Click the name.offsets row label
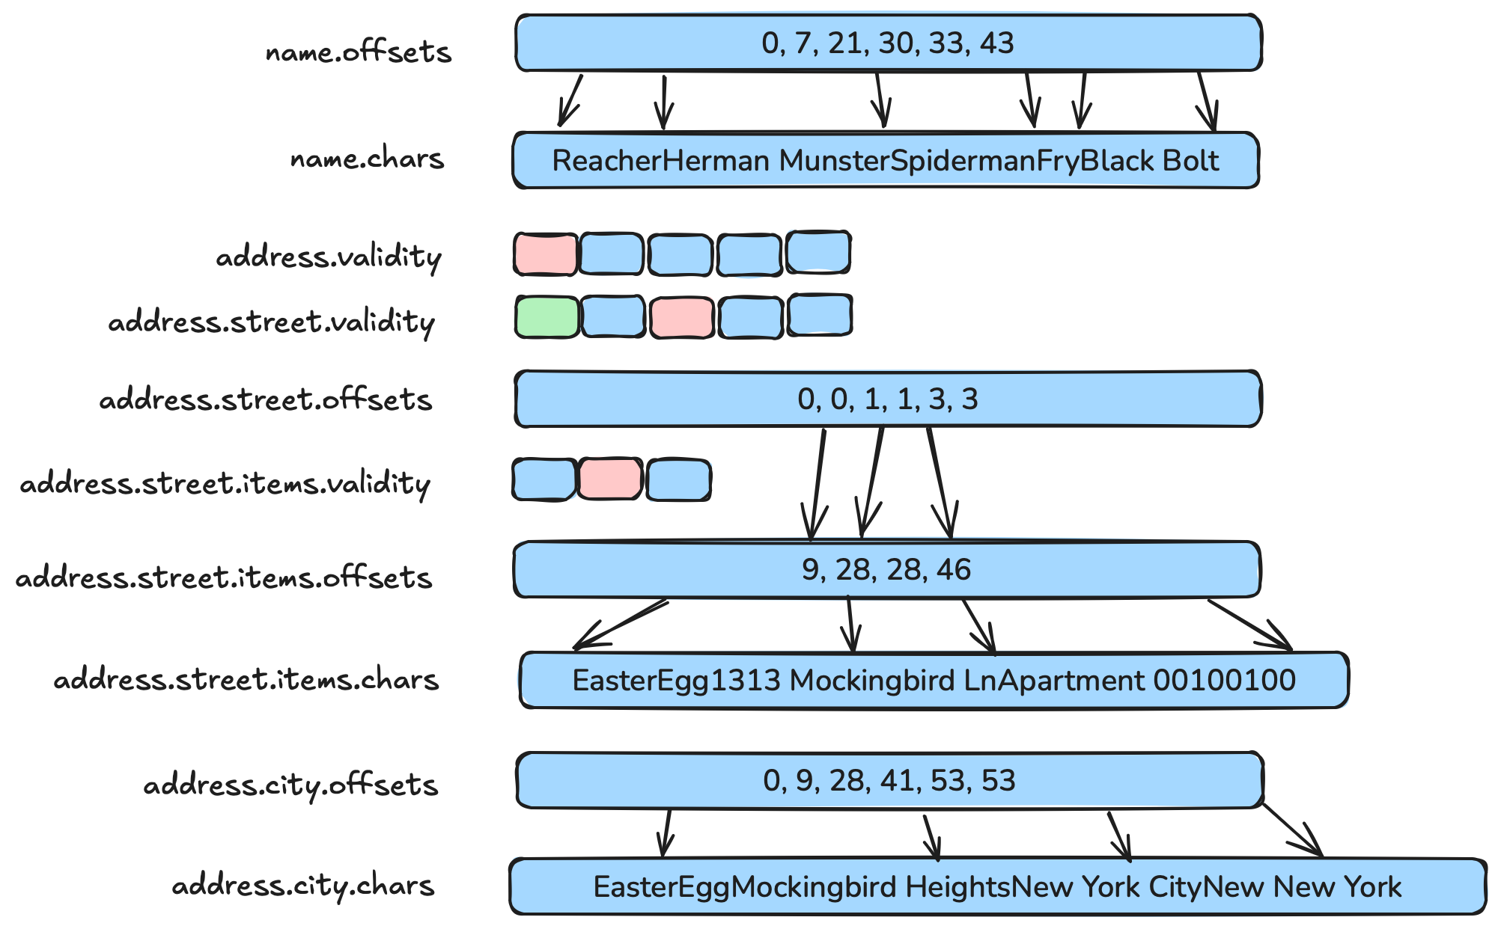pyautogui.click(x=359, y=52)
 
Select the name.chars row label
pyautogui.click(x=367, y=159)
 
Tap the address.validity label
pyautogui.click(x=329, y=257)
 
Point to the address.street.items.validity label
pyautogui.click(x=225, y=484)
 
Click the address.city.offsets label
pyautogui.click(x=290, y=785)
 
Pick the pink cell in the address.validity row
pyautogui.click(x=546, y=254)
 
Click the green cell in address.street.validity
pyautogui.click(x=547, y=317)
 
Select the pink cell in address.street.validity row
pyautogui.click(x=681, y=317)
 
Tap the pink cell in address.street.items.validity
pyautogui.click(x=610, y=479)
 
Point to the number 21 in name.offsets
pyautogui.click(x=845, y=43)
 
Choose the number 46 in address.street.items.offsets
pyautogui.click(x=953, y=571)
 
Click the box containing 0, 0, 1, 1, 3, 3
pyautogui.click(x=888, y=399)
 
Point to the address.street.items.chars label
pyautogui.click(x=246, y=680)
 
